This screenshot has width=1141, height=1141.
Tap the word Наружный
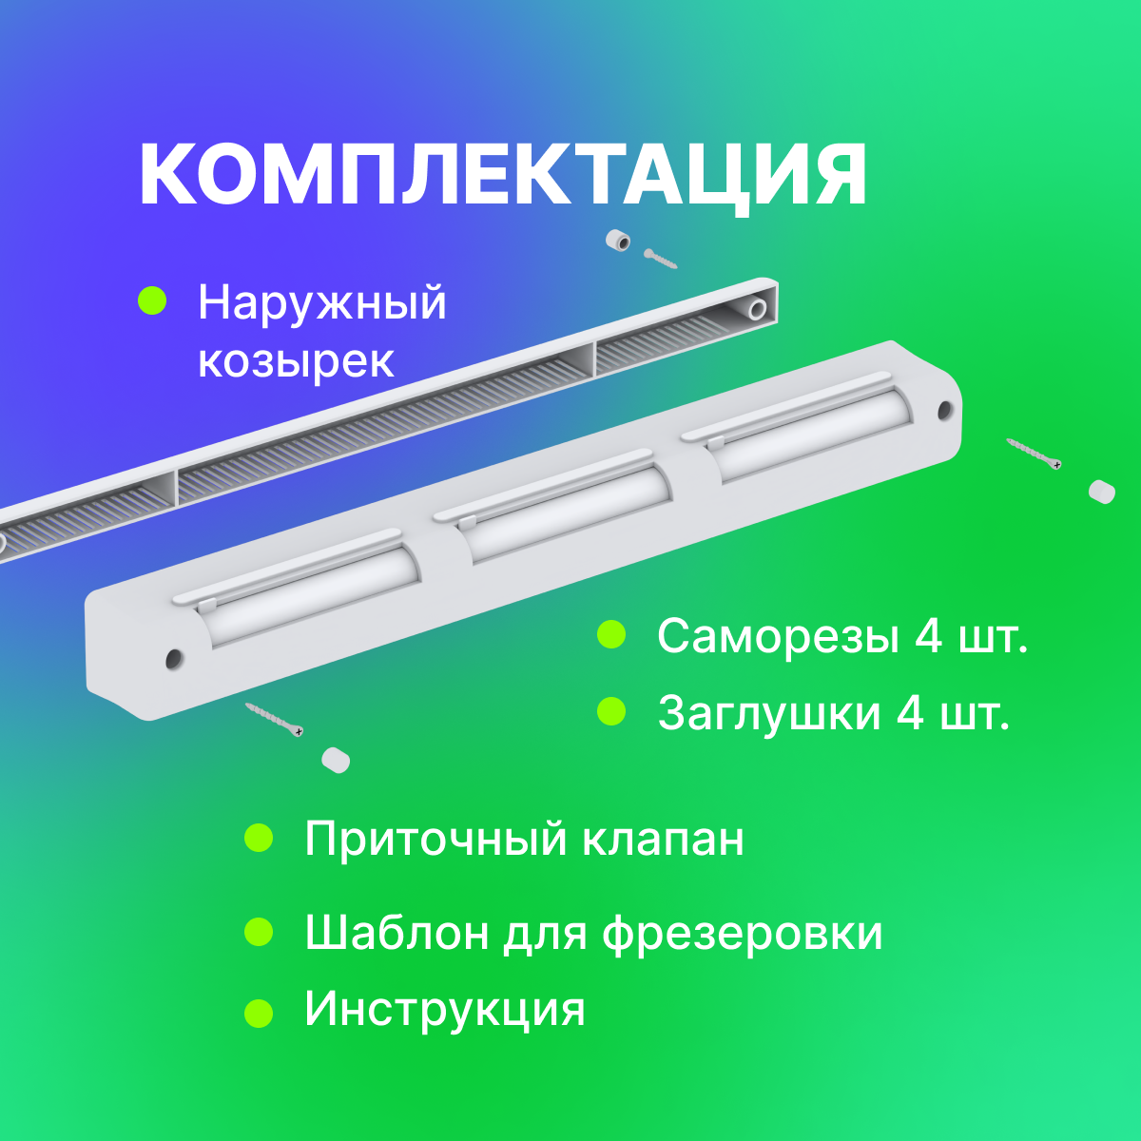[x=321, y=302]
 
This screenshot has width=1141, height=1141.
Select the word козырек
[x=295, y=362]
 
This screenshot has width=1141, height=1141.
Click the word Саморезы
[x=778, y=636]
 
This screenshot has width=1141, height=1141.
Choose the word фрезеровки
[x=742, y=933]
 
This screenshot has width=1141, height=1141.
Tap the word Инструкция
[x=444, y=1008]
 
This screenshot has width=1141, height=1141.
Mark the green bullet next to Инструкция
[x=259, y=1013]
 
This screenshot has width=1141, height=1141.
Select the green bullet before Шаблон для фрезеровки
[x=259, y=932]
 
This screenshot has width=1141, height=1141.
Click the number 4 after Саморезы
[x=929, y=636]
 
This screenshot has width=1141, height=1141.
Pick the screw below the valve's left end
[x=275, y=719]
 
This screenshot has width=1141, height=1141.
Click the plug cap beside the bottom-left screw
[x=336, y=760]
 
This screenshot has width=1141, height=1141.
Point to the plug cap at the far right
[x=1101, y=492]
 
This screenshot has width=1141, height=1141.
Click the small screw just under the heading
[x=660, y=259]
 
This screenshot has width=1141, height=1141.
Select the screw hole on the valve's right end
[x=944, y=411]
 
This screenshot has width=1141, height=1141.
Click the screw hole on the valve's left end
[x=173, y=658]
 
